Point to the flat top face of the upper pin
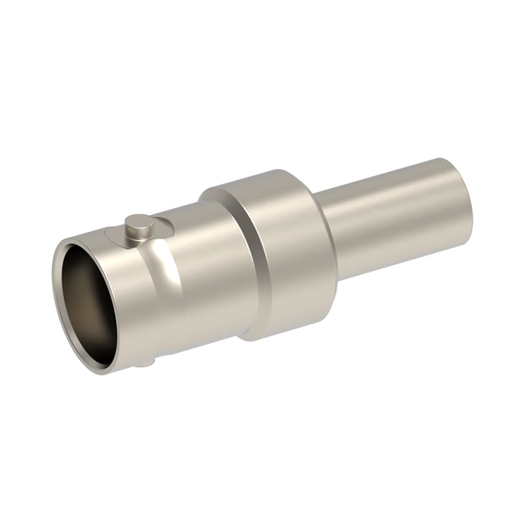[139, 221]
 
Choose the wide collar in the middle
[276, 251]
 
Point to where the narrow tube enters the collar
[324, 235]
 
